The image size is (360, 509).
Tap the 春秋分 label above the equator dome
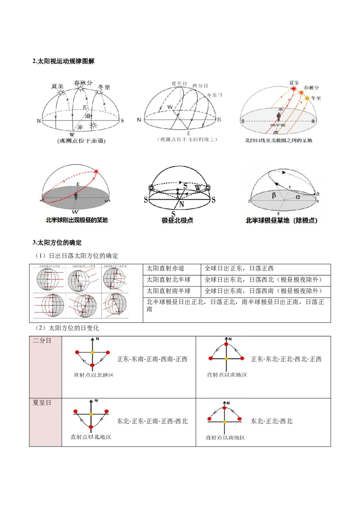[83, 83]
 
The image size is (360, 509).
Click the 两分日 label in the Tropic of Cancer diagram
[199, 85]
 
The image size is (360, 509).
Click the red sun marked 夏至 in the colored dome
[294, 89]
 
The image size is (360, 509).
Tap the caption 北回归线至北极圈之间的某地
[278, 140]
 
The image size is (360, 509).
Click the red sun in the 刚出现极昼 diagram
[96, 171]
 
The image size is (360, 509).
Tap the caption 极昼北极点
[177, 221]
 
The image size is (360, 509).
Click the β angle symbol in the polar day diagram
[273, 195]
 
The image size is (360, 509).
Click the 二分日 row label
[42, 341]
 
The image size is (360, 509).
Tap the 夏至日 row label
[42, 402]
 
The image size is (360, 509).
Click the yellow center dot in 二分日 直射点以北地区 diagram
[92, 352]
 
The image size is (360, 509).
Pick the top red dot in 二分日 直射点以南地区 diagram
[225, 345]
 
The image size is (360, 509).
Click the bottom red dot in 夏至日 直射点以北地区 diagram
[91, 426]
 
